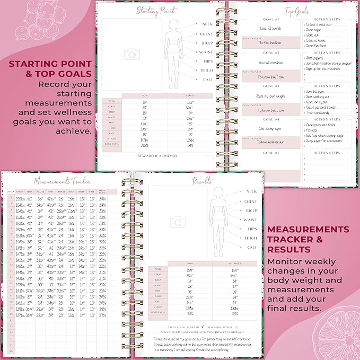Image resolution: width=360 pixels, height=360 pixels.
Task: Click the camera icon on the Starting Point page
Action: point(130,54)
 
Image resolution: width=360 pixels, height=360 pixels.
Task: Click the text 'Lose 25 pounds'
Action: point(271,29)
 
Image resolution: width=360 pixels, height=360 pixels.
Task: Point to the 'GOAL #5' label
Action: point(271,153)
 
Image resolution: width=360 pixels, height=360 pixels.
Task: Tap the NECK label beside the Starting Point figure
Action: point(207,24)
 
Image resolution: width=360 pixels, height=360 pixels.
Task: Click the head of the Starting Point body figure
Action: point(173,25)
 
